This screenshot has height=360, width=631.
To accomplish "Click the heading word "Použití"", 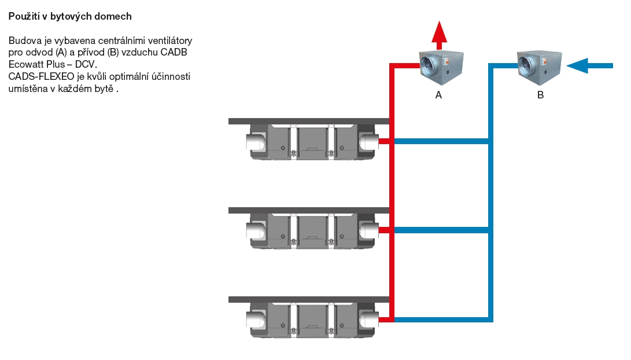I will (23, 16).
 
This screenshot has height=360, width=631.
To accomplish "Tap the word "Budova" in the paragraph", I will (23, 41).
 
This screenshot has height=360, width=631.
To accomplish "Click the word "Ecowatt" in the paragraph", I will (25, 64).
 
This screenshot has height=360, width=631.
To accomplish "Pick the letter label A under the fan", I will (438, 95).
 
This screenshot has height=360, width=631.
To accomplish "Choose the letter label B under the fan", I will (540, 95).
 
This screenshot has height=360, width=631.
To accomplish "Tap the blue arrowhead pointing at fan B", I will (577, 65).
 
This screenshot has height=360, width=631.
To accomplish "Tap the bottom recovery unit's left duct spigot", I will (256, 320).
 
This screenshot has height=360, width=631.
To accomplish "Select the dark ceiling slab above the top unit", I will (309, 121).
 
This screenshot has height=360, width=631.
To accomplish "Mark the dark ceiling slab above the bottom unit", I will (309, 299).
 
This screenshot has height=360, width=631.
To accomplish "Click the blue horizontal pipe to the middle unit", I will (442, 230).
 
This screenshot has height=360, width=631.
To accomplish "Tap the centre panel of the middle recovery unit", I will (312, 230).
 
